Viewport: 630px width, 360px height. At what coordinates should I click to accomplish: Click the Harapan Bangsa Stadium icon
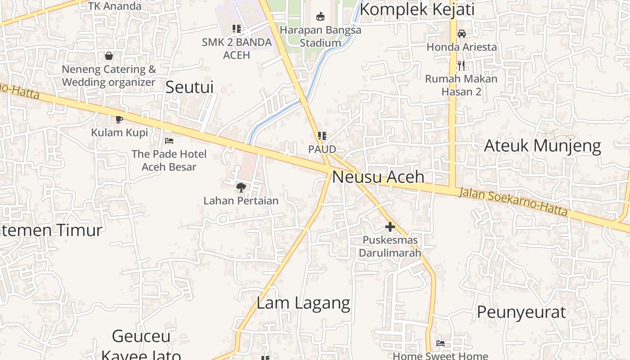(x=320, y=17)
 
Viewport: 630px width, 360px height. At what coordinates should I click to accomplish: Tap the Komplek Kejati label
(x=417, y=9)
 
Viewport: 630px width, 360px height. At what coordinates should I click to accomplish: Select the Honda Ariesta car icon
(x=461, y=34)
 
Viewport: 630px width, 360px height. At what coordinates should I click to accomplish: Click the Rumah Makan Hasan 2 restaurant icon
(x=461, y=66)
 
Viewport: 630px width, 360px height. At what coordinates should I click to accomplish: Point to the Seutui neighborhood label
(x=189, y=87)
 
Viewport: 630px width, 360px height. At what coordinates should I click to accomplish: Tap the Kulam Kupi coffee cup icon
(x=119, y=119)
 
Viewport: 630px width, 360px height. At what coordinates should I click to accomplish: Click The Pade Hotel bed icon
(x=169, y=141)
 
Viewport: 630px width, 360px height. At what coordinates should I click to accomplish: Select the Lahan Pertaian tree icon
(x=241, y=187)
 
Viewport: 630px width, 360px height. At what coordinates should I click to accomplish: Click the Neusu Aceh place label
(x=378, y=177)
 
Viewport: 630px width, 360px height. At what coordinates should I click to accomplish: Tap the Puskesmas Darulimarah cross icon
(x=390, y=227)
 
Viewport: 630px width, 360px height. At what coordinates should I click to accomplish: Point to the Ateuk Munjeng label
(x=542, y=146)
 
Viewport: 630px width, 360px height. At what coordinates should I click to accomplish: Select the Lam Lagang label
(x=303, y=303)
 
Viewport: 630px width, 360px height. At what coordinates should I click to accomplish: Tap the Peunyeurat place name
(x=521, y=312)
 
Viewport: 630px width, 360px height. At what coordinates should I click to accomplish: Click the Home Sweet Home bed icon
(x=441, y=343)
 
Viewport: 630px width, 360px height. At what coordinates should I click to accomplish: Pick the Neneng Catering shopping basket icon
(x=108, y=56)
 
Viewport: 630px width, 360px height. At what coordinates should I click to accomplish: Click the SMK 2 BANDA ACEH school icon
(x=236, y=29)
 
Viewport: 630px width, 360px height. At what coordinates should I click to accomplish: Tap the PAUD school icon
(x=322, y=135)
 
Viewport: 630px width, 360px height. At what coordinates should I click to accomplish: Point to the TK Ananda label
(x=115, y=6)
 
